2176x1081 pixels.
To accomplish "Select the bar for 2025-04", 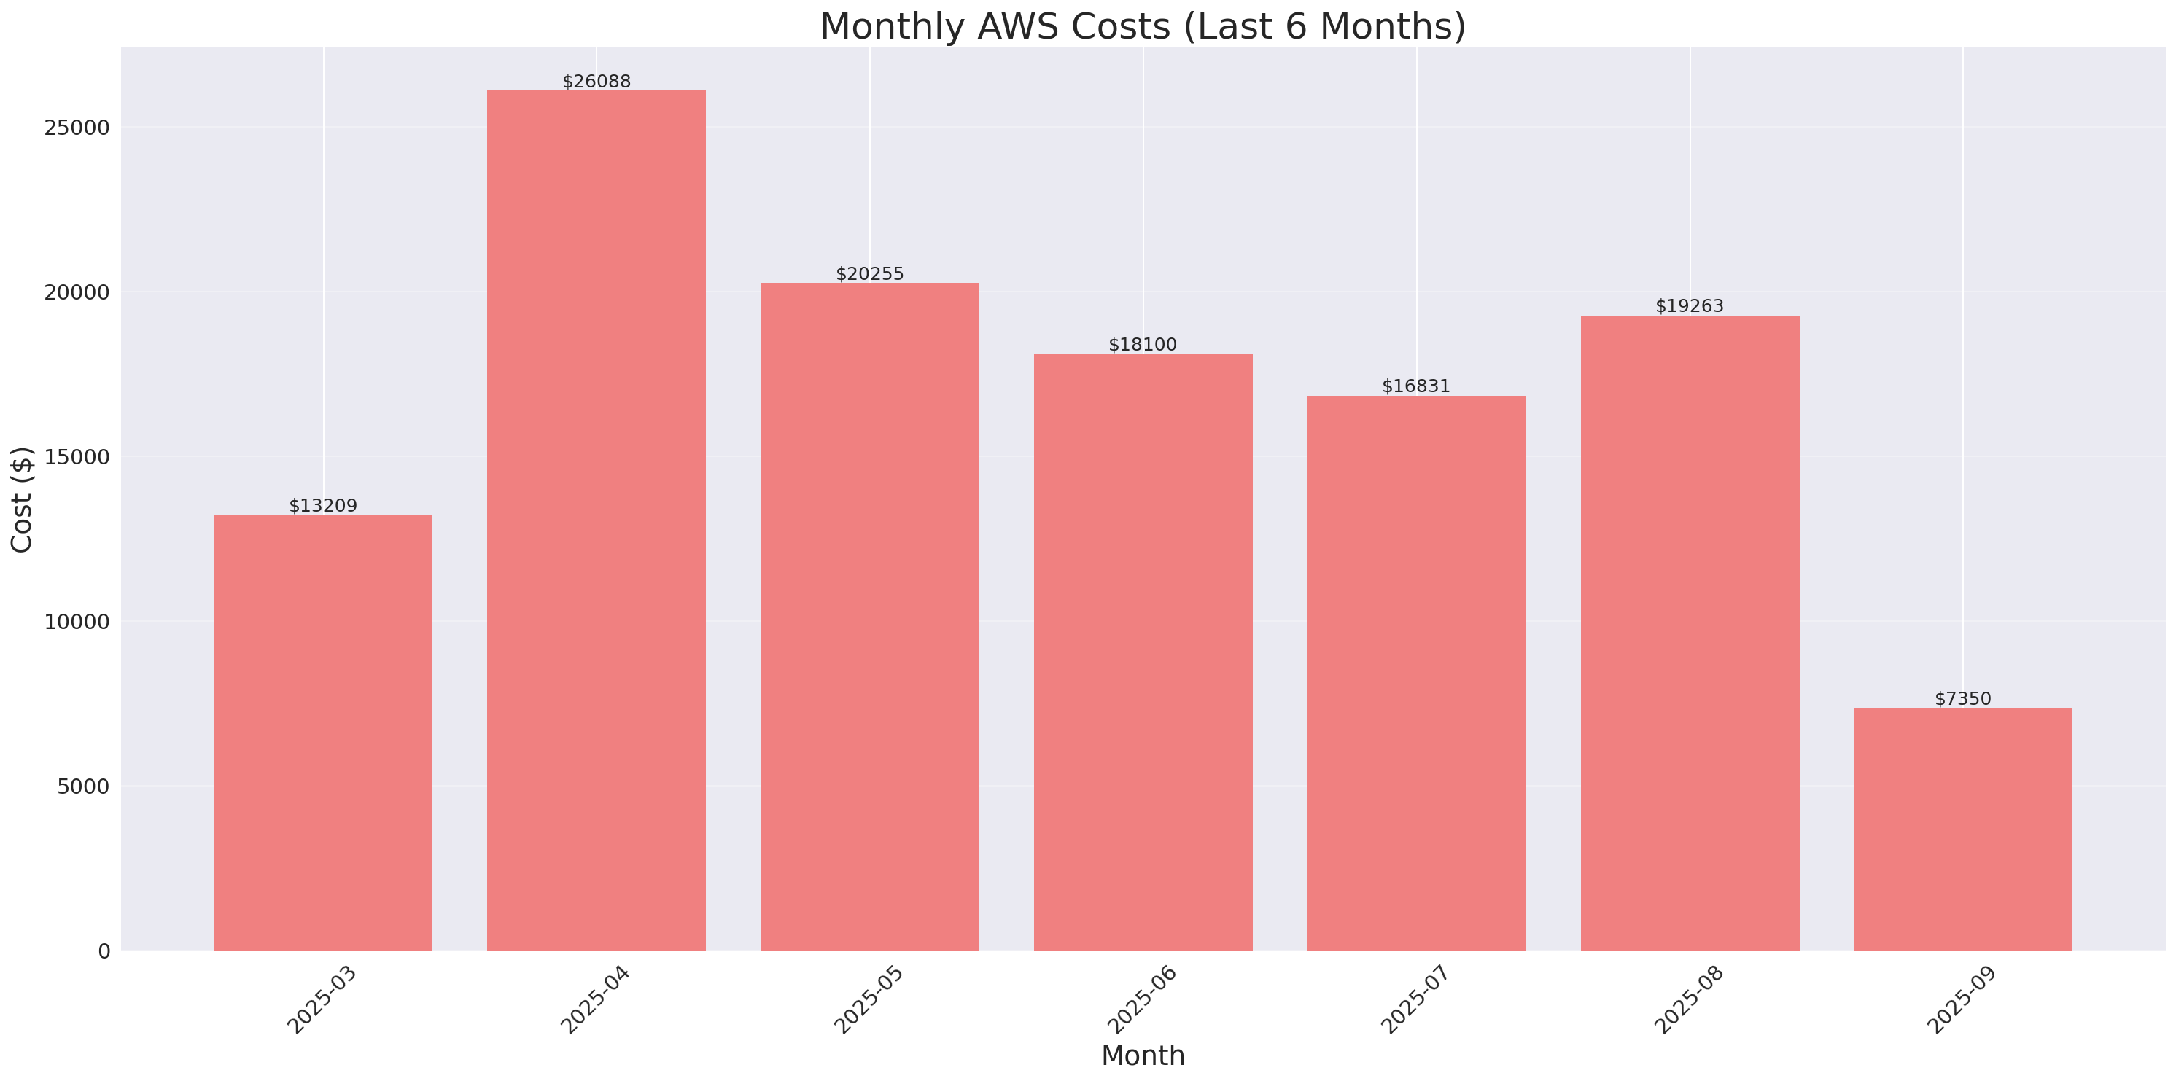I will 597,520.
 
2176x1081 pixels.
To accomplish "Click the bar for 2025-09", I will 1962,829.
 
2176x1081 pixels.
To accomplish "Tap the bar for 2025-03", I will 323,733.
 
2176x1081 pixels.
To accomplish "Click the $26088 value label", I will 597,82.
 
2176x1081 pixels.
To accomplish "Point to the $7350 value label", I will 1962,699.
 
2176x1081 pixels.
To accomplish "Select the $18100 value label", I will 1142,345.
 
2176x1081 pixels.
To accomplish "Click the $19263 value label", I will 1689,305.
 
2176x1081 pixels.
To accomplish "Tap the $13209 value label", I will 323,506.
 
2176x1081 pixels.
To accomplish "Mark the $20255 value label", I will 869,273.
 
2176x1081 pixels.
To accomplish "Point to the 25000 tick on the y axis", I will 77,128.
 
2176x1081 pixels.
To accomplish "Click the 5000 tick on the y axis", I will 83,787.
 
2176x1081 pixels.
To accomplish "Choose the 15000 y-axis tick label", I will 77,457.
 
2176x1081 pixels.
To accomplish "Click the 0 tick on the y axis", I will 104,952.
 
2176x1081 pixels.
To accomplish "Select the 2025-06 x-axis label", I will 1142,1000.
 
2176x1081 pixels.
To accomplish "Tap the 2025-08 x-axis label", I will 1689,1000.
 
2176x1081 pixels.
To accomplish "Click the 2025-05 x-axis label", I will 869,1000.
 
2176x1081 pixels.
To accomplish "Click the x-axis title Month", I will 1142,1055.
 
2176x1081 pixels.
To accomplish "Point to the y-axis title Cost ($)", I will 21,499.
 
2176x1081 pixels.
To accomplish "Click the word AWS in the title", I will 1017,26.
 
